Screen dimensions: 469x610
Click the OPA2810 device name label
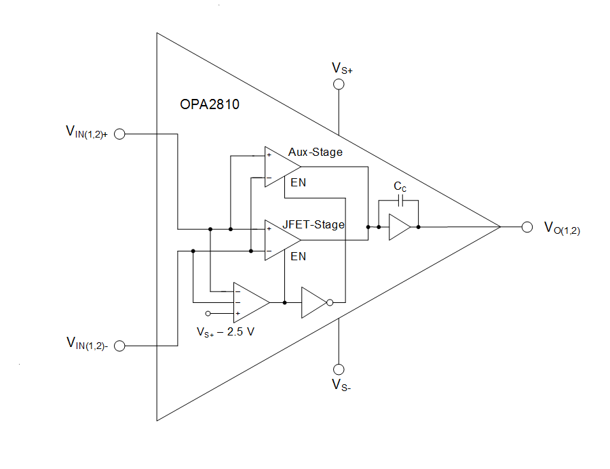click(x=210, y=106)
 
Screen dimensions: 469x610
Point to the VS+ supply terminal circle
click(x=338, y=84)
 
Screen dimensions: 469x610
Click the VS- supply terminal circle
click(x=338, y=369)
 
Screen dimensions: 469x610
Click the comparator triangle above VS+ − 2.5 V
click(x=248, y=302)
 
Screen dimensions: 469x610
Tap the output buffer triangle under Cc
click(x=398, y=227)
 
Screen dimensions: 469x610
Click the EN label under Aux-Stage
click(x=298, y=183)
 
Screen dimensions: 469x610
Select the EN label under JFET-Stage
click(x=298, y=256)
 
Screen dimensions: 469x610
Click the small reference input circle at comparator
click(x=208, y=313)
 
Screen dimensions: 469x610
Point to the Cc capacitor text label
click(x=400, y=186)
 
